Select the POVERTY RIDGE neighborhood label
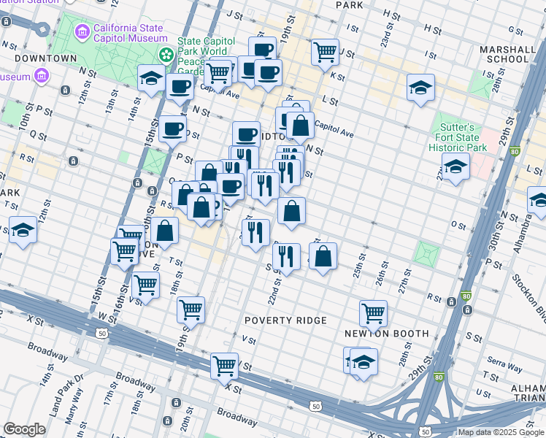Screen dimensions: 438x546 [285, 320]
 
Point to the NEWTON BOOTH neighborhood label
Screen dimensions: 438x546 [386, 334]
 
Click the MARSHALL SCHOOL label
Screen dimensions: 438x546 [504, 53]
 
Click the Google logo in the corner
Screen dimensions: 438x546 [24, 429]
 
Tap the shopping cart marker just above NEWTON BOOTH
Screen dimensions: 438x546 [373, 312]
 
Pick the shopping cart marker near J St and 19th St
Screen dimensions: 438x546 [324, 51]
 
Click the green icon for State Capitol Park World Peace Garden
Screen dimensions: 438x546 [166, 54]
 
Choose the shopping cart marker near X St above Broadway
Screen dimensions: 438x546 [224, 364]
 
